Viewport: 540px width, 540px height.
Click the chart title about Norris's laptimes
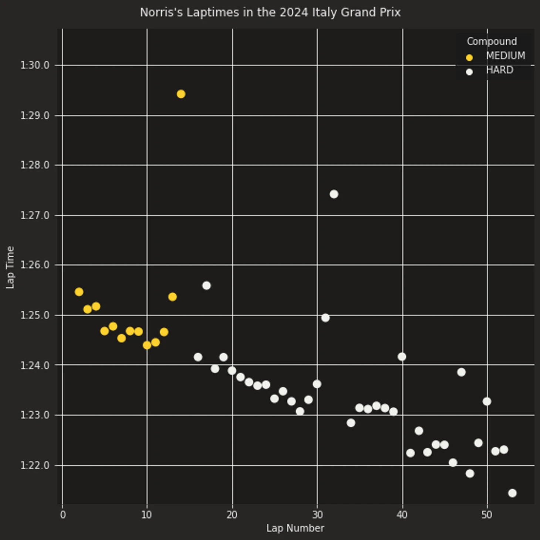[270, 13]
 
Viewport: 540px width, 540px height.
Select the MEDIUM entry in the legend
[505, 56]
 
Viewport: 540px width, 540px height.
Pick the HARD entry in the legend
[499, 70]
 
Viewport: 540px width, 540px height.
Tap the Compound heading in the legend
[492, 41]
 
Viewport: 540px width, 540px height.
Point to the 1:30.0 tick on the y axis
[35, 65]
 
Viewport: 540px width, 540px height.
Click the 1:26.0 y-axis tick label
[35, 265]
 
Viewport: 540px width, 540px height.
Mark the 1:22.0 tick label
[35, 465]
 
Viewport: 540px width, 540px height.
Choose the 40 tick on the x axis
[402, 515]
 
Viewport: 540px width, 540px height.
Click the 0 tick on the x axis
[63, 515]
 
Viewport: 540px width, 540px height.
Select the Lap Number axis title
[295, 528]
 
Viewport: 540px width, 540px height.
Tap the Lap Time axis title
[10, 267]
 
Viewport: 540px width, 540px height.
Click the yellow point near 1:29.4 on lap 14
[181, 94]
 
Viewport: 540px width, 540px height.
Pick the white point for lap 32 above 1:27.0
[334, 194]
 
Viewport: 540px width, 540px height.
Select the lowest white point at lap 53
[512, 493]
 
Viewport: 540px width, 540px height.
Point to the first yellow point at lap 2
[79, 292]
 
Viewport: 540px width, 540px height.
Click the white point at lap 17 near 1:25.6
[206, 286]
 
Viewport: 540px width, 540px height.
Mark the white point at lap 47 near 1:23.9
[461, 372]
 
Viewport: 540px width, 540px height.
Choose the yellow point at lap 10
[147, 345]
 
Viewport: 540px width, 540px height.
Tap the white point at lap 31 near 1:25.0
[325, 318]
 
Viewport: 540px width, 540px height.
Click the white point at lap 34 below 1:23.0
[351, 423]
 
